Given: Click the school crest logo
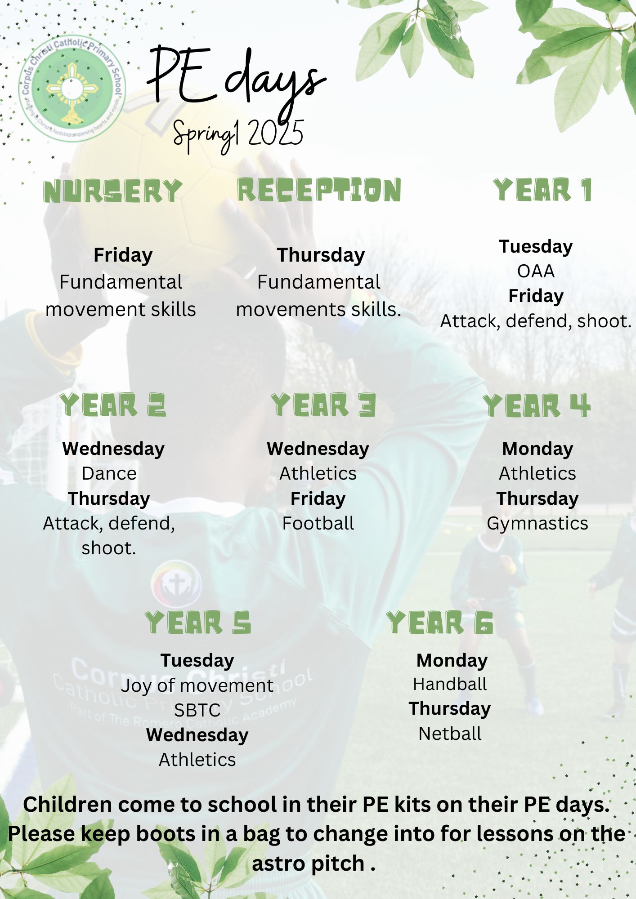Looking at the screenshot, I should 72,88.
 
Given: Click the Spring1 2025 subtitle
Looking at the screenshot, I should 238,134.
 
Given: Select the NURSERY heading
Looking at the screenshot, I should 112,191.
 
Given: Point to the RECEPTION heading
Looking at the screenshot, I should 319,190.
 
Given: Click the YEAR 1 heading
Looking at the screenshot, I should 542,190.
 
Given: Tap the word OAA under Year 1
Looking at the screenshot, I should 536,271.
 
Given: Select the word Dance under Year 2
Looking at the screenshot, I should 109,474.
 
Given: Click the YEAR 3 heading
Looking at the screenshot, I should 323,405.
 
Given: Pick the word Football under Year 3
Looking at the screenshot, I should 318,524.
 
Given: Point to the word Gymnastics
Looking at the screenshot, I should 537,524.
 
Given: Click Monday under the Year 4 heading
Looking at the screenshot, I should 537,449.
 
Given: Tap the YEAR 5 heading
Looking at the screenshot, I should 198,623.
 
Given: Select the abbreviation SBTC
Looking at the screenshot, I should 197,710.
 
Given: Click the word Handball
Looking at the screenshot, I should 450,684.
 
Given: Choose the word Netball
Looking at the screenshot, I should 450,734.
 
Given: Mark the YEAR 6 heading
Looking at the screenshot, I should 440,623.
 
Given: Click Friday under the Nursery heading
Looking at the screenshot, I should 123,255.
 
